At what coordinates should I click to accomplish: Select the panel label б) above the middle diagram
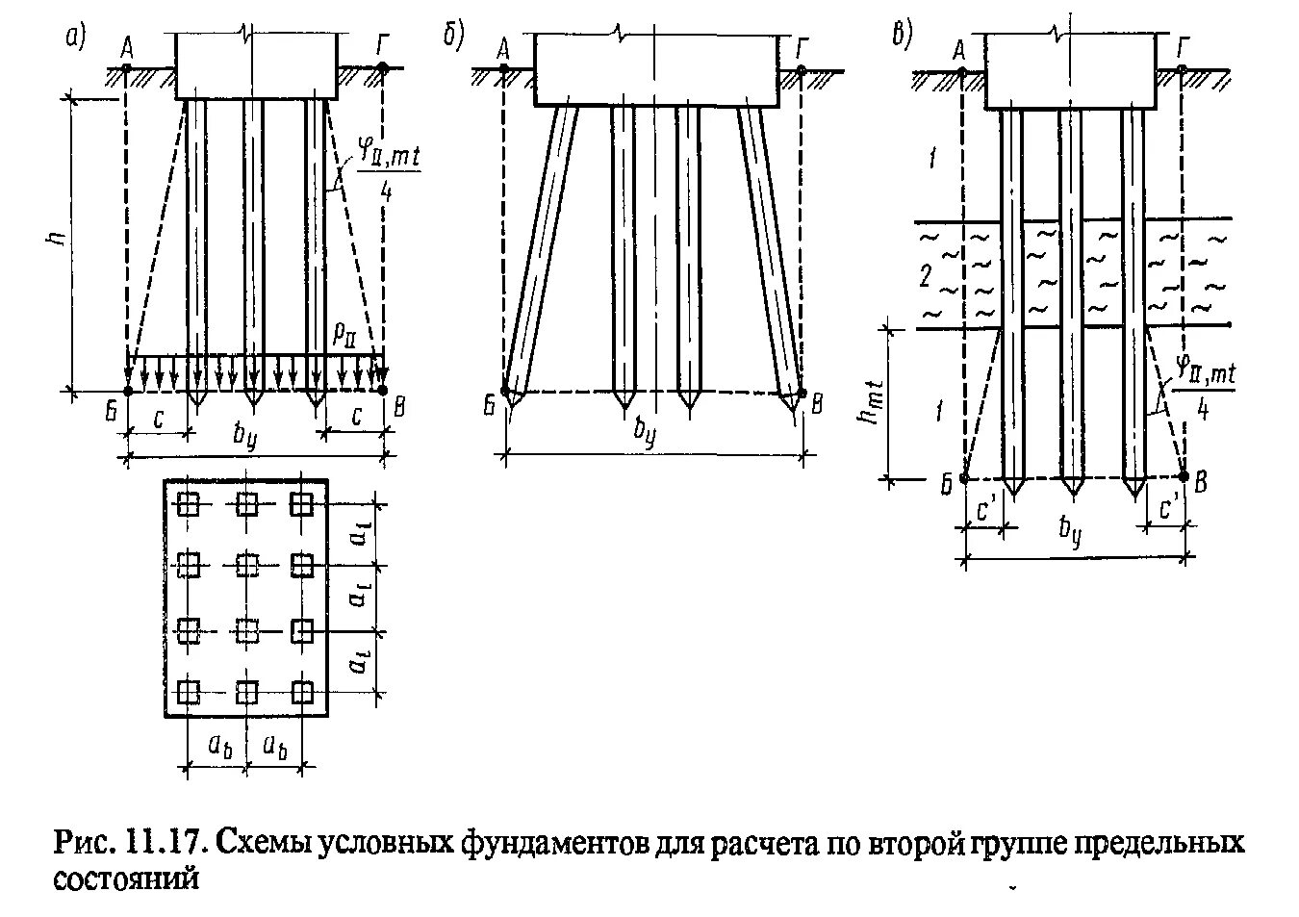pos(453,37)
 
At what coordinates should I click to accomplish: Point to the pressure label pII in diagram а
pos(344,334)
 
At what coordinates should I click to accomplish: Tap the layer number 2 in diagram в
pos(925,278)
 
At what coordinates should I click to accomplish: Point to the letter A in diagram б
pos(503,47)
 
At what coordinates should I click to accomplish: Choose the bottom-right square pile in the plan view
pos(303,692)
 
